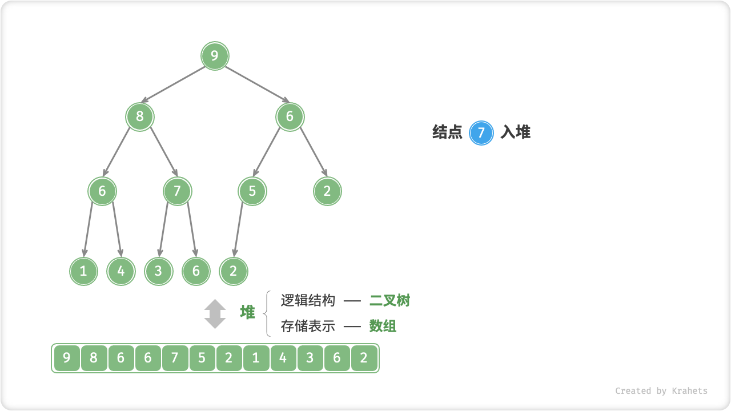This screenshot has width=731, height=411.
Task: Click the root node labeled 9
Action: (x=215, y=56)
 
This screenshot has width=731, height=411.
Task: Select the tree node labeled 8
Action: (x=140, y=117)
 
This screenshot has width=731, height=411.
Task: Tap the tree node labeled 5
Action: (x=252, y=191)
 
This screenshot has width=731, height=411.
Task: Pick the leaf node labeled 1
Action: (x=84, y=271)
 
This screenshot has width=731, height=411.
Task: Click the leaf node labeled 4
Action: (x=121, y=271)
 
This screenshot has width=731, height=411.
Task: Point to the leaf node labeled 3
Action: (x=158, y=271)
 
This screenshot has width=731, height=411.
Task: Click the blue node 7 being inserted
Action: (x=481, y=133)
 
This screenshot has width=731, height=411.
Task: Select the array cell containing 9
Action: (x=67, y=358)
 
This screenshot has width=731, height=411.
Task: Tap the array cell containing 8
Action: (x=94, y=358)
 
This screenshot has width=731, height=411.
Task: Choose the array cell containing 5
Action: (x=202, y=358)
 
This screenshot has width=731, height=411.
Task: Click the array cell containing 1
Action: (x=256, y=358)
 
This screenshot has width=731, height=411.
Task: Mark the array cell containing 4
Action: (x=283, y=358)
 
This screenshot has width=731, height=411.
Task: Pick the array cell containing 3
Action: (x=310, y=358)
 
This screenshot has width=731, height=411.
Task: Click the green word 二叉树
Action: (x=389, y=300)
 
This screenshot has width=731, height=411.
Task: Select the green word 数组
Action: (x=383, y=327)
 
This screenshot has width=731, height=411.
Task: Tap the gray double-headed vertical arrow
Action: (x=215, y=314)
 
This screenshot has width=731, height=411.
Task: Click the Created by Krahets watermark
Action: (x=661, y=391)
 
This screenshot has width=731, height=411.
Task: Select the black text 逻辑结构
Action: (x=308, y=300)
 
